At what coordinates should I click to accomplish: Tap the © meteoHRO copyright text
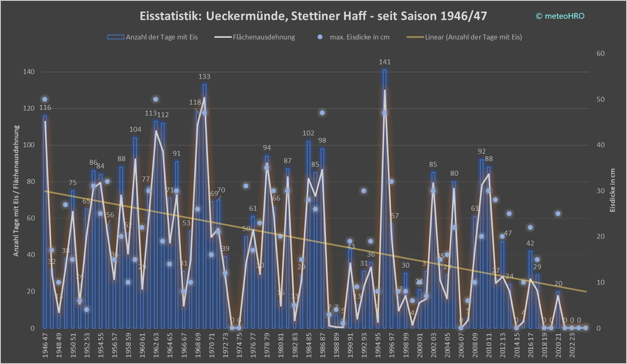pos(560,16)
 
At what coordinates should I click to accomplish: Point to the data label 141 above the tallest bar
pos(384,62)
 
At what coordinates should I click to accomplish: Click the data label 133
pos(204,76)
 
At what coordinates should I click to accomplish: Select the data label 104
pos(135,129)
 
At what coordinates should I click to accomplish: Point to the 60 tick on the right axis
pos(600,53)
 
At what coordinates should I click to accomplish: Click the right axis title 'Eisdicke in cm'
pos(613,190)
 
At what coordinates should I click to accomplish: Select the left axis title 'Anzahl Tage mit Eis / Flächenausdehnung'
pos(16,190)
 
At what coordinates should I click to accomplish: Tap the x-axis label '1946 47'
pos(45,345)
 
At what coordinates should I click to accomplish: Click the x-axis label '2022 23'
pos(573,345)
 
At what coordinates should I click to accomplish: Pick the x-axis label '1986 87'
pos(323,345)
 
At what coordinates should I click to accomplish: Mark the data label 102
pos(308,133)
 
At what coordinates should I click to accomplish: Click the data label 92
pos(482,151)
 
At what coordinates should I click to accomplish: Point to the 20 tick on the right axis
pos(600,237)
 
